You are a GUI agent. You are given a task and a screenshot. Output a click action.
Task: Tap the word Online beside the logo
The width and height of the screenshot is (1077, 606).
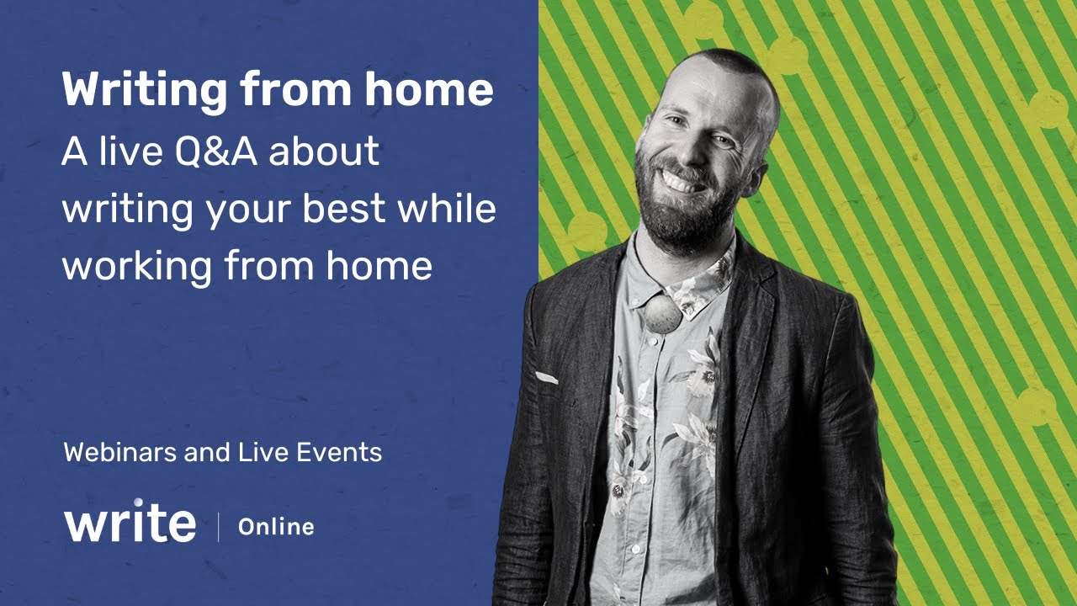coord(276,528)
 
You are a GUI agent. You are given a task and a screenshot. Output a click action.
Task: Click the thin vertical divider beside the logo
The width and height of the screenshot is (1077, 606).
coord(219,527)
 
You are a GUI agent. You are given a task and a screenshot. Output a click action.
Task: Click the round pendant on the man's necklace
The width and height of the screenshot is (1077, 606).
coord(662,316)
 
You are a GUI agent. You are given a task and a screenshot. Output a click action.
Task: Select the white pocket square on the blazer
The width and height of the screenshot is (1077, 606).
coord(546,378)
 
